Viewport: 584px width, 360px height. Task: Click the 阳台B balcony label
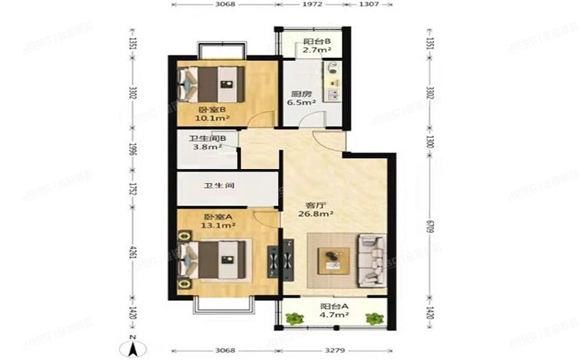pos(316,40)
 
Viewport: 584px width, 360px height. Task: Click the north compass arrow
pos(133,339)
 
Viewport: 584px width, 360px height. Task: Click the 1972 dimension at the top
pos(312,5)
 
